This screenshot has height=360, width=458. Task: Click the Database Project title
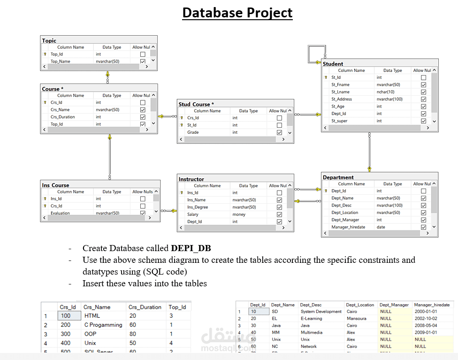[x=237, y=13]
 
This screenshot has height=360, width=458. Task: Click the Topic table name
[x=49, y=41]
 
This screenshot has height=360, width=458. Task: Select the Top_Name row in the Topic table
[x=61, y=61]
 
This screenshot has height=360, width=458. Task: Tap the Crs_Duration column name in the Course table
[x=63, y=117]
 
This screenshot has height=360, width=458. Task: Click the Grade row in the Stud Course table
[x=193, y=132]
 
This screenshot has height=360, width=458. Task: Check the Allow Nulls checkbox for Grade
[x=280, y=132]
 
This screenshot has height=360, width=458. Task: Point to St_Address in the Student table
[x=341, y=99]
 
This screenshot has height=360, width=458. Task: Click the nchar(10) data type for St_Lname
[x=385, y=92]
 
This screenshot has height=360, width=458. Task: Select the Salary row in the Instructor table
[x=193, y=214]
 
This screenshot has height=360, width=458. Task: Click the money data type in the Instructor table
[x=239, y=214]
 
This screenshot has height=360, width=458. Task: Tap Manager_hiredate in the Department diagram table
[x=348, y=227]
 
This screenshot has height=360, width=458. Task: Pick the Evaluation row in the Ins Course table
[x=60, y=213]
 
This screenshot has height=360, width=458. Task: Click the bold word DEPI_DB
[x=191, y=248]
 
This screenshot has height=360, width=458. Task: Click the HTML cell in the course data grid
[x=92, y=316]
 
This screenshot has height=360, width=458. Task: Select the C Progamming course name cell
[x=103, y=325]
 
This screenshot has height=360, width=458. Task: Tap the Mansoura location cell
[x=357, y=318]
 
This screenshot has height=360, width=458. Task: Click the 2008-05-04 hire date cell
[x=426, y=325]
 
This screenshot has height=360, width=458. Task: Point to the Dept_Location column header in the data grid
[x=360, y=305]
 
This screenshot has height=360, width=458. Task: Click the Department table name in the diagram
[x=338, y=177]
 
